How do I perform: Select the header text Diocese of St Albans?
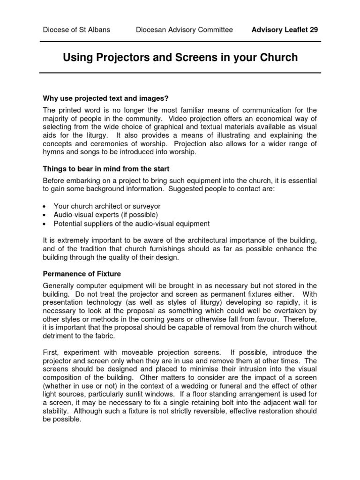(76, 30)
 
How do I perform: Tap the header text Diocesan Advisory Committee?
(184, 30)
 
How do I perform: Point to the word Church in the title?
(275, 58)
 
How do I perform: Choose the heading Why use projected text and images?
(105, 98)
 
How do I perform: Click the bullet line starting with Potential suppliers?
(132, 224)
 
